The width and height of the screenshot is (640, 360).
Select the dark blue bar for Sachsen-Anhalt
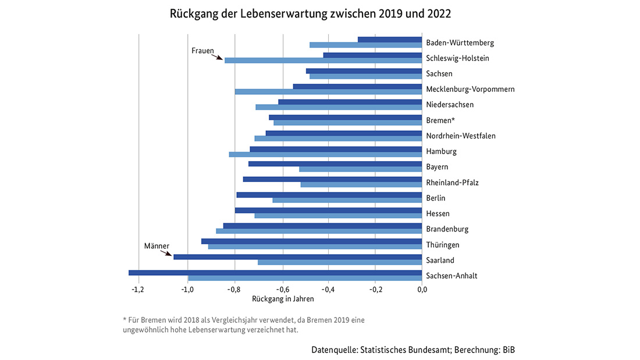275,272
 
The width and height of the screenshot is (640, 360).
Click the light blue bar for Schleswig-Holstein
323,60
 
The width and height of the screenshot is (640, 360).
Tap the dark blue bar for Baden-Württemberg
389,40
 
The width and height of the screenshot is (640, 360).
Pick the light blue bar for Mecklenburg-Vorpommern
328,91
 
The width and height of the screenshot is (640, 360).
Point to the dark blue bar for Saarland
297,256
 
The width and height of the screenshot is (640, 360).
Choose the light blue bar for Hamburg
325,154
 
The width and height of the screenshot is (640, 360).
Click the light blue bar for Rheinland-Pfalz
361,185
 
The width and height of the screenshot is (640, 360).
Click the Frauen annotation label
203,51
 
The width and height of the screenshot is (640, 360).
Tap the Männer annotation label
157,246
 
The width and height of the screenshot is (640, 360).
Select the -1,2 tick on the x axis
138,289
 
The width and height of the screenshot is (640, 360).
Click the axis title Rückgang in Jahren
283,299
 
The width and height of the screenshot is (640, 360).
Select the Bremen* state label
440,120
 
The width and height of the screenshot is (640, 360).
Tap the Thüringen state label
442,245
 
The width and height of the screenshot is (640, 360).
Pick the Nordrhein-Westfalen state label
460,136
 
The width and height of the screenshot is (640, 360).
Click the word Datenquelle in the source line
334,350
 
